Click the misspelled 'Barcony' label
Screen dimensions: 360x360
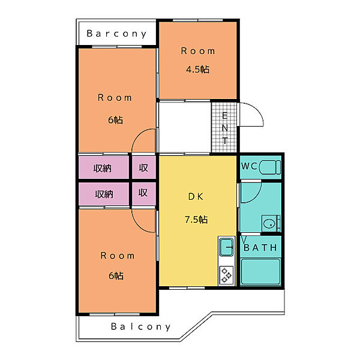116,34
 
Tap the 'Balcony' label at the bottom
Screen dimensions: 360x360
141,326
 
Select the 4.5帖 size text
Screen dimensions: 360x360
197,69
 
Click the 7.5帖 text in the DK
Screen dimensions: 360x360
196,220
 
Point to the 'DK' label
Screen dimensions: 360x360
196,197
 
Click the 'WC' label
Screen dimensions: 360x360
250,166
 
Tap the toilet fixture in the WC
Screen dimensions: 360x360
270,167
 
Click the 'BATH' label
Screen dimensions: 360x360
260,247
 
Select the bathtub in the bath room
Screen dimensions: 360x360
260,272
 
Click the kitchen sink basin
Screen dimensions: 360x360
226,247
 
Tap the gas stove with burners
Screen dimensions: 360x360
226,275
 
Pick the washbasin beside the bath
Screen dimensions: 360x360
269,223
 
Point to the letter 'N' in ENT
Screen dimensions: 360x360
225,128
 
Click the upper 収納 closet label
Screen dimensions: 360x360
103,168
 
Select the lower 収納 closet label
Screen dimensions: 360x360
104,194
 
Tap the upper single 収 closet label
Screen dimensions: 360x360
143,168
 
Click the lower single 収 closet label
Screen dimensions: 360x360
143,193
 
